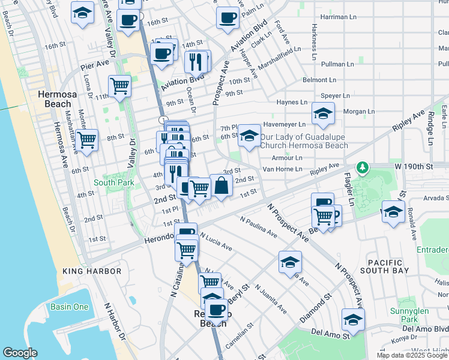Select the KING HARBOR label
92,271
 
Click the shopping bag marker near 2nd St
221,185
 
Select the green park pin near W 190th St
362,167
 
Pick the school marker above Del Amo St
353,319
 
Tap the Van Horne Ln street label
285,169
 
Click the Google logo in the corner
20,353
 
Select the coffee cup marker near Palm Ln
227,19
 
